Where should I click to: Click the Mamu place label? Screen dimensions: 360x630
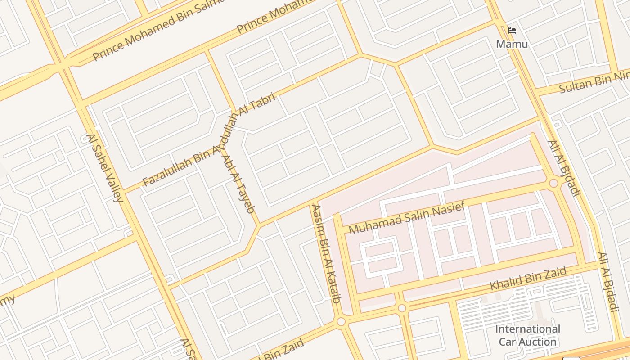click(512, 44)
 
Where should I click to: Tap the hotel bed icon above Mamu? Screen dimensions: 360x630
click(512, 31)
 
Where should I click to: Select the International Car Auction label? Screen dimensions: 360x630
click(527, 335)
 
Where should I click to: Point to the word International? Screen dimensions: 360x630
click(527, 329)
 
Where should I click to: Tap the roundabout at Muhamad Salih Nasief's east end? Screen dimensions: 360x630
click(553, 183)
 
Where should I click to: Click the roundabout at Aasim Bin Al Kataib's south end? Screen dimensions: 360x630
click(341, 321)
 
